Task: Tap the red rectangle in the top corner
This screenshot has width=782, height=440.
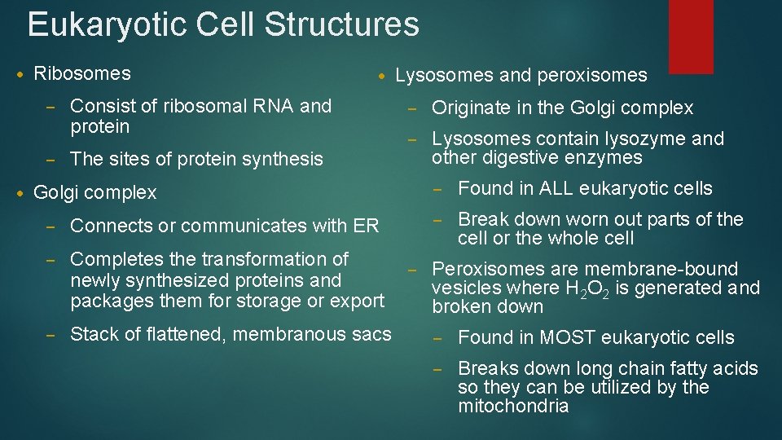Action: (x=690, y=36)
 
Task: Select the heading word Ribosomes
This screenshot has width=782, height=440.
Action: (x=82, y=73)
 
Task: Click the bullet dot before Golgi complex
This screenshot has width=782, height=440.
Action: (x=20, y=193)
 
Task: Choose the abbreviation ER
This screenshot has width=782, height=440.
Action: (x=367, y=226)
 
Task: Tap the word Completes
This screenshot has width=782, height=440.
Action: (x=117, y=259)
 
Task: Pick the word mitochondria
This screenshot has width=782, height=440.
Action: (x=513, y=406)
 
